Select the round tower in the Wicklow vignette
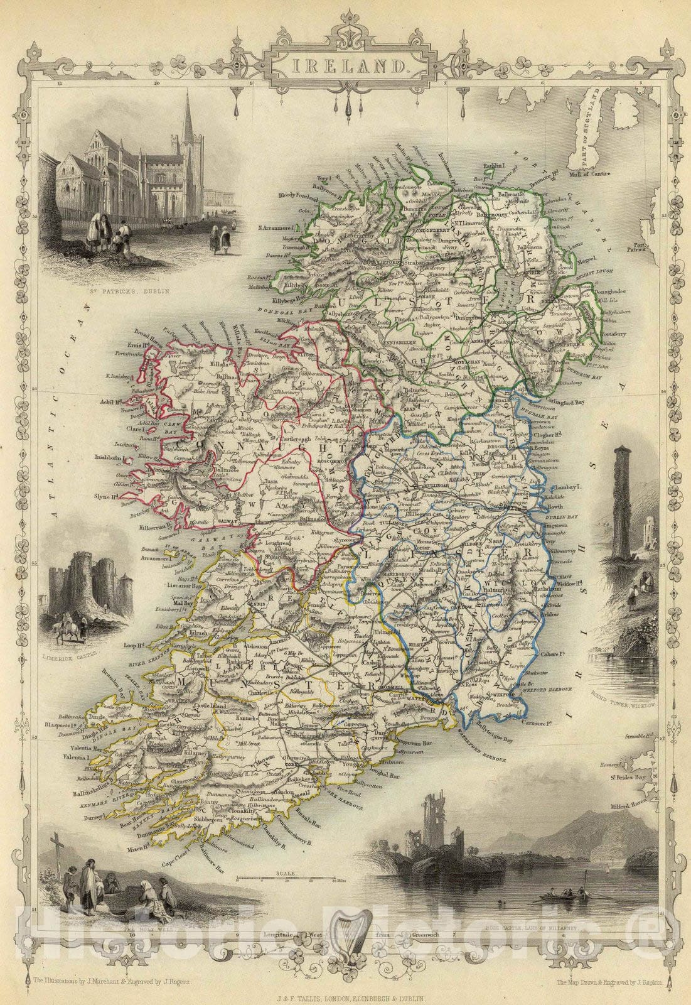click(622, 503)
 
